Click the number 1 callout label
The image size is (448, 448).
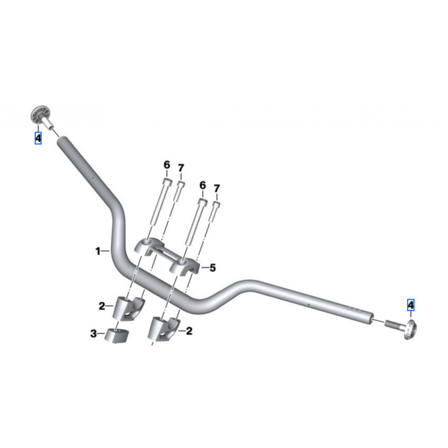coord(98,251)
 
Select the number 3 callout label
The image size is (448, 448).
coord(94,333)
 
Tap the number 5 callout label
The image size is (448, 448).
coord(213,268)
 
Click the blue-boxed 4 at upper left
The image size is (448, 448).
coord(38,138)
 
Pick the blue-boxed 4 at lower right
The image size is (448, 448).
coord(410,305)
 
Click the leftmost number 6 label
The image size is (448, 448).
coord(166,165)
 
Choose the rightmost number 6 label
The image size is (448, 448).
coord(203,185)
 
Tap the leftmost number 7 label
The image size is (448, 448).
coord(181,169)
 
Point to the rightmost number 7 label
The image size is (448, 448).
coord(217,189)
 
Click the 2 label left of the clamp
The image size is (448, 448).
coord(102,306)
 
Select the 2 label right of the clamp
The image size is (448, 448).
coord(189,331)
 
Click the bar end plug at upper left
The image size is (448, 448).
coord(42,116)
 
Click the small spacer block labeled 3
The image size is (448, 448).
coord(116,335)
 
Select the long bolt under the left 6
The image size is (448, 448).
coord(161,202)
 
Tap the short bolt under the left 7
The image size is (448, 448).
coord(179,191)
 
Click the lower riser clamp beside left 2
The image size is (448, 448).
coord(129,309)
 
